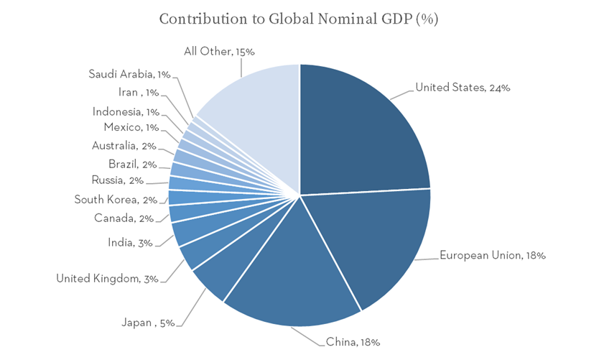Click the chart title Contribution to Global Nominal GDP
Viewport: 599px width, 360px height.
click(299, 19)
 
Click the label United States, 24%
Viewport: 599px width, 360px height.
click(463, 88)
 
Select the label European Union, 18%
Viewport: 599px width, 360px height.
click(492, 255)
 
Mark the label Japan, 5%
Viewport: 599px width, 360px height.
click(148, 323)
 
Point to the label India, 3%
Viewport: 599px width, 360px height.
click(130, 243)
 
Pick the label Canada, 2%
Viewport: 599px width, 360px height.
click(123, 218)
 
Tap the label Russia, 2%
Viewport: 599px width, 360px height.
click(118, 180)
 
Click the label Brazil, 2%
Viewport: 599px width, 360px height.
click(132, 164)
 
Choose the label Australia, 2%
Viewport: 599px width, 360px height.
click(124, 146)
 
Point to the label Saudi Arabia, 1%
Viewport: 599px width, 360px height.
click(129, 74)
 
